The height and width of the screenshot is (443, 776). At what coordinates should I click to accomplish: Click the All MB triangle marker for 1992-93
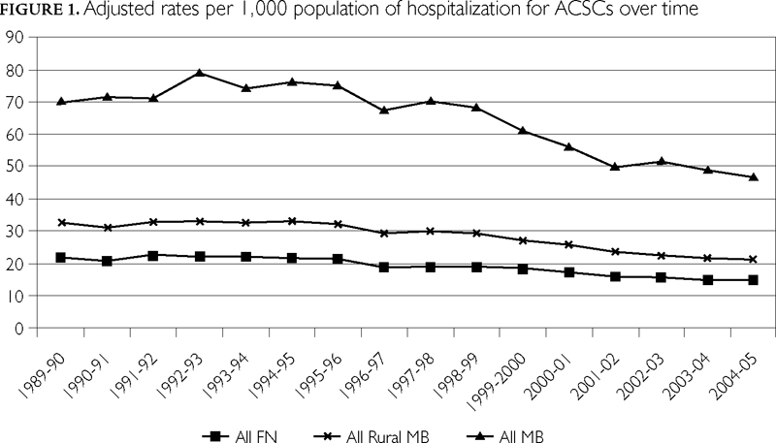198,73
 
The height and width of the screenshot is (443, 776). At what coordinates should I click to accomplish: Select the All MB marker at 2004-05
754,176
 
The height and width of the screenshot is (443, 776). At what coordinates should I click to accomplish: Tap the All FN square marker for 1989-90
61,257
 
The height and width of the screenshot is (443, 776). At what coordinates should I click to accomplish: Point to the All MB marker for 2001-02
615,166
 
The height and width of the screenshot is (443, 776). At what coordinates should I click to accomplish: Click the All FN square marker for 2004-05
754,279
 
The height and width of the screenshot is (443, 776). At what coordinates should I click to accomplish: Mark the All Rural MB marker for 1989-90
61,223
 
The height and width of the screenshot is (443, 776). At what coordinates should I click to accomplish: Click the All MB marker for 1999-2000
522,130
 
